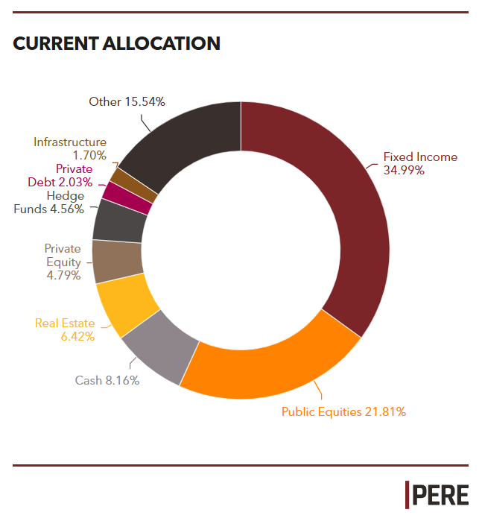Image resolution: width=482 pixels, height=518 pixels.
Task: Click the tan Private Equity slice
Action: [x=117, y=261]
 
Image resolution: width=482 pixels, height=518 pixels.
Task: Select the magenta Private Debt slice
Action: [x=127, y=198]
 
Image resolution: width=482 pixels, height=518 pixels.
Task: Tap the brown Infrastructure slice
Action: [x=133, y=186]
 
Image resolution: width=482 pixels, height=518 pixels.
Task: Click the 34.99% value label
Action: [x=404, y=171]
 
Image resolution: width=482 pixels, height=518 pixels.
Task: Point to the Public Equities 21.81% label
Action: [x=343, y=412]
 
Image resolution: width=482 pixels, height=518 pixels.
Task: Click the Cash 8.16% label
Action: [x=107, y=381]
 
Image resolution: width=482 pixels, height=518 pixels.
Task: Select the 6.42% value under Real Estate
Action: [x=77, y=337]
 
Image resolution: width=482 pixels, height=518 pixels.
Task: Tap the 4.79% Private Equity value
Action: [x=63, y=275]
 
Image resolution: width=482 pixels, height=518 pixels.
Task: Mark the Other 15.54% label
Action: [x=127, y=102]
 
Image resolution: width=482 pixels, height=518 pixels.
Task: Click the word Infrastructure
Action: [x=70, y=142]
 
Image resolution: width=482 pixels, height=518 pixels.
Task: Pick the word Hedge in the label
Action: [x=66, y=196]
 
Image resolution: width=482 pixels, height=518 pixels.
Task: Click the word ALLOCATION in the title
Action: [x=162, y=44]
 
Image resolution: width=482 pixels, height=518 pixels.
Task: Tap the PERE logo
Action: [x=437, y=495]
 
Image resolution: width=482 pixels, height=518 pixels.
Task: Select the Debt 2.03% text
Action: [x=60, y=183]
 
